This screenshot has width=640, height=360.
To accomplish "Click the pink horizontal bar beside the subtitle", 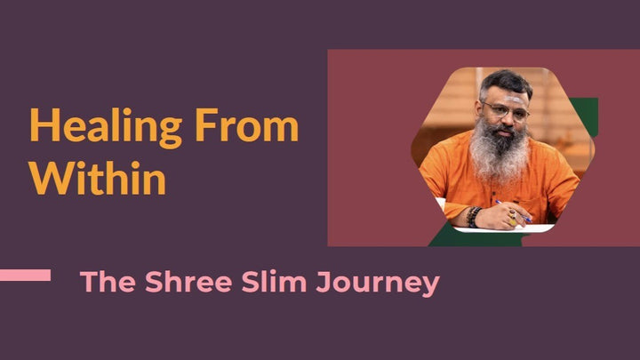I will coord(25,276).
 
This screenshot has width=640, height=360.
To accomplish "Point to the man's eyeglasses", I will coord(502,110).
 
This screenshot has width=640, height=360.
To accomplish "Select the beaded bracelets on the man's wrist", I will coord(475,216).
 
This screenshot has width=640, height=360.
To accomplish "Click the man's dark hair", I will coord(505,83).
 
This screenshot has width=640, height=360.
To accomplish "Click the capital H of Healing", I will coord(42,128).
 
